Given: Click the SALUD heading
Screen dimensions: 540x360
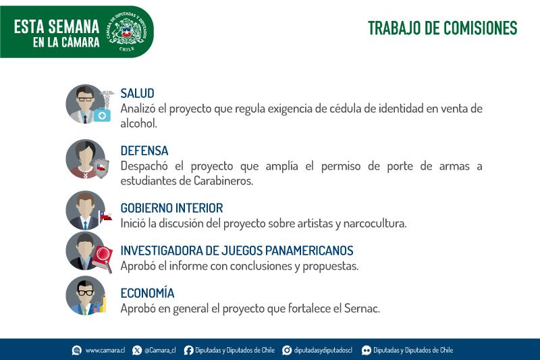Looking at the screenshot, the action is click(x=137, y=93).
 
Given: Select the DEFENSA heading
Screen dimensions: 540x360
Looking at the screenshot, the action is click(x=144, y=151).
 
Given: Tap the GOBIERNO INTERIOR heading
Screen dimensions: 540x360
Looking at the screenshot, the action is click(x=171, y=208).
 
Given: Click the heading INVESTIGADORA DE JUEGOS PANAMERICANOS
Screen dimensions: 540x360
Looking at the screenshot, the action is click(x=237, y=251).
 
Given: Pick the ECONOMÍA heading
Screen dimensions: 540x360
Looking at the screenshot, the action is click(x=147, y=292).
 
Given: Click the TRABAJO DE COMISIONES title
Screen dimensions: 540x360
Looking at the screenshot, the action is click(x=443, y=28).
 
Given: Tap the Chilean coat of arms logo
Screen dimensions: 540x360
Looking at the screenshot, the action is click(x=128, y=32).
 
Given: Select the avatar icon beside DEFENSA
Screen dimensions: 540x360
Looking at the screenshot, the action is click(x=86, y=159).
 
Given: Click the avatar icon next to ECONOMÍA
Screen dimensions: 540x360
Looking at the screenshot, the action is click(x=86, y=296).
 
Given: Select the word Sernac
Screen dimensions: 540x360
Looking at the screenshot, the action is click(x=362, y=308).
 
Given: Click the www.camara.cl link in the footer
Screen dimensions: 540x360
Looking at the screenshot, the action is click(x=105, y=351).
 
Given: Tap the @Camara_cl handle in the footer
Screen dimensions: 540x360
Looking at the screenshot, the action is click(x=160, y=351).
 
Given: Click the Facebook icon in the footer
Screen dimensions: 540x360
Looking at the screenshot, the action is click(x=188, y=351).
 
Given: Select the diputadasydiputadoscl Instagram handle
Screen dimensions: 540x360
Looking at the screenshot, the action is click(x=323, y=351).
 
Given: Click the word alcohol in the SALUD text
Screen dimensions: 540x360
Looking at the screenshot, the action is click(x=138, y=124).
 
